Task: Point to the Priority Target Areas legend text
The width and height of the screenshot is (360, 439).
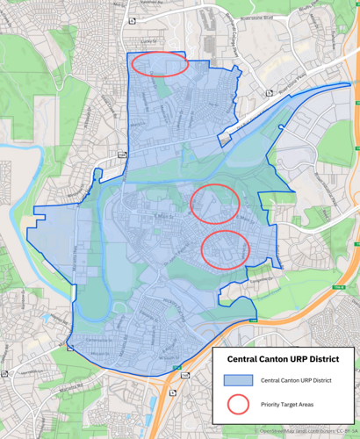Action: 286,405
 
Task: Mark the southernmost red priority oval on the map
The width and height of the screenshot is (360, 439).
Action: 226,249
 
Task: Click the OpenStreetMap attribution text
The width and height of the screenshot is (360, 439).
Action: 307,432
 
